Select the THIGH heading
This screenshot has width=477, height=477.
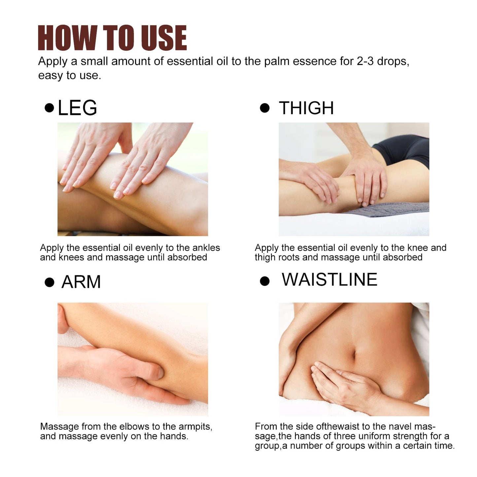tap(306, 108)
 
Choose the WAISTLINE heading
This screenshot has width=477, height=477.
tap(329, 280)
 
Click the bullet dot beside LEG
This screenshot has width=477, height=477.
tap(50, 108)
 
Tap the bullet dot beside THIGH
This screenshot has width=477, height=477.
tap(265, 108)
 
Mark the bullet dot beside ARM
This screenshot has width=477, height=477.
tap(50, 283)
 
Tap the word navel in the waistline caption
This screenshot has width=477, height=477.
tap(401, 426)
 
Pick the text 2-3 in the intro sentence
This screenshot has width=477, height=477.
tap(365, 61)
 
